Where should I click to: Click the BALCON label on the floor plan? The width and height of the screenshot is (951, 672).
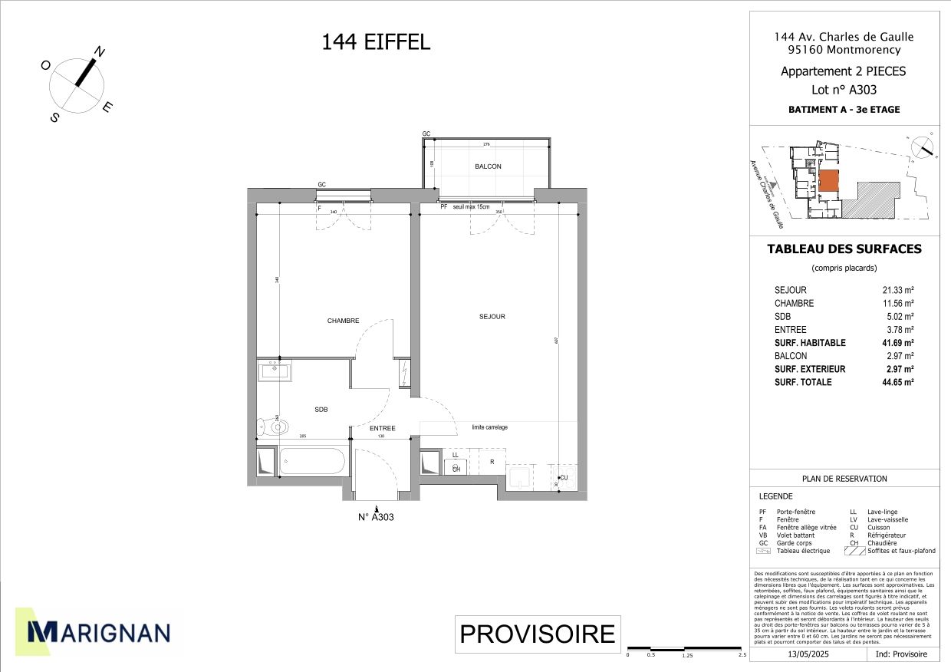tap(488, 166)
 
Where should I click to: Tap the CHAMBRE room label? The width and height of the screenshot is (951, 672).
tap(343, 321)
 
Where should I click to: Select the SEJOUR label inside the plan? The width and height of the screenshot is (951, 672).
tap(492, 316)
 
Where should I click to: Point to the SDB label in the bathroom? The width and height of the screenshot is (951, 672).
tap(321, 410)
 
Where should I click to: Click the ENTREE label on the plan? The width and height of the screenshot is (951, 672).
tap(383, 428)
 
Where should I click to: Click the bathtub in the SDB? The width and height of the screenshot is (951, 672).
tap(313, 462)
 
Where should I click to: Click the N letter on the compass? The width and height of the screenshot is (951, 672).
tap(99, 53)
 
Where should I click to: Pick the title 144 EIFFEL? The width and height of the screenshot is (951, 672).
tap(376, 42)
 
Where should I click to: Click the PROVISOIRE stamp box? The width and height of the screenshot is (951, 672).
tap(537, 634)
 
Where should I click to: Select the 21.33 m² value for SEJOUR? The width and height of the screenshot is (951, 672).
tap(898, 290)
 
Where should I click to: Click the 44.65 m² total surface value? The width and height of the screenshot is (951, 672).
tap(898, 382)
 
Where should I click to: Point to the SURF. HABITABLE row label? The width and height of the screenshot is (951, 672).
tap(810, 343)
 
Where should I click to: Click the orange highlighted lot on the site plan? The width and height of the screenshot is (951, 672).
tap(828, 182)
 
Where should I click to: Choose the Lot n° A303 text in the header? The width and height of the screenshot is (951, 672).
tap(844, 89)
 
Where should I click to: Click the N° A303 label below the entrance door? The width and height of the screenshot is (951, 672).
tap(376, 517)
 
